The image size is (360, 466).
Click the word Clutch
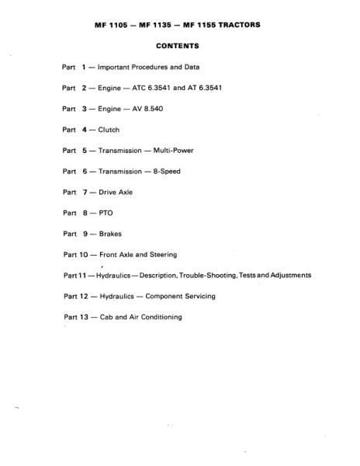tap(109, 130)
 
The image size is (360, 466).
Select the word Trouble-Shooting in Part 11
tap(202, 275)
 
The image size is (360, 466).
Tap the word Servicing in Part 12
tap(198, 296)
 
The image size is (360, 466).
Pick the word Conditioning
tap(160, 317)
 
